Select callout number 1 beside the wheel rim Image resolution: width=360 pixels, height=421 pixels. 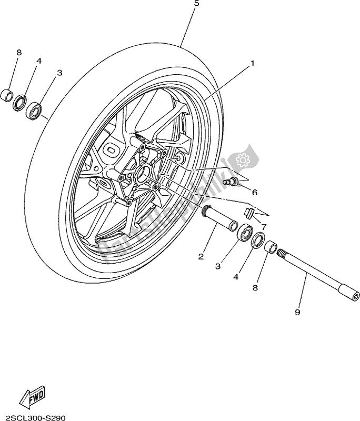click(x=252, y=63)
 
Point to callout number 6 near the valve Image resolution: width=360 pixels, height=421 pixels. click(x=255, y=193)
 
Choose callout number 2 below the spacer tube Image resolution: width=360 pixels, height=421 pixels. click(x=201, y=257)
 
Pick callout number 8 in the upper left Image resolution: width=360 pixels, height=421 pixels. click(x=19, y=53)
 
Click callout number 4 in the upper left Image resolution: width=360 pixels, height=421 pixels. click(x=38, y=61)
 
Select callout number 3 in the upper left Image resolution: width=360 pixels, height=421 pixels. click(x=59, y=72)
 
